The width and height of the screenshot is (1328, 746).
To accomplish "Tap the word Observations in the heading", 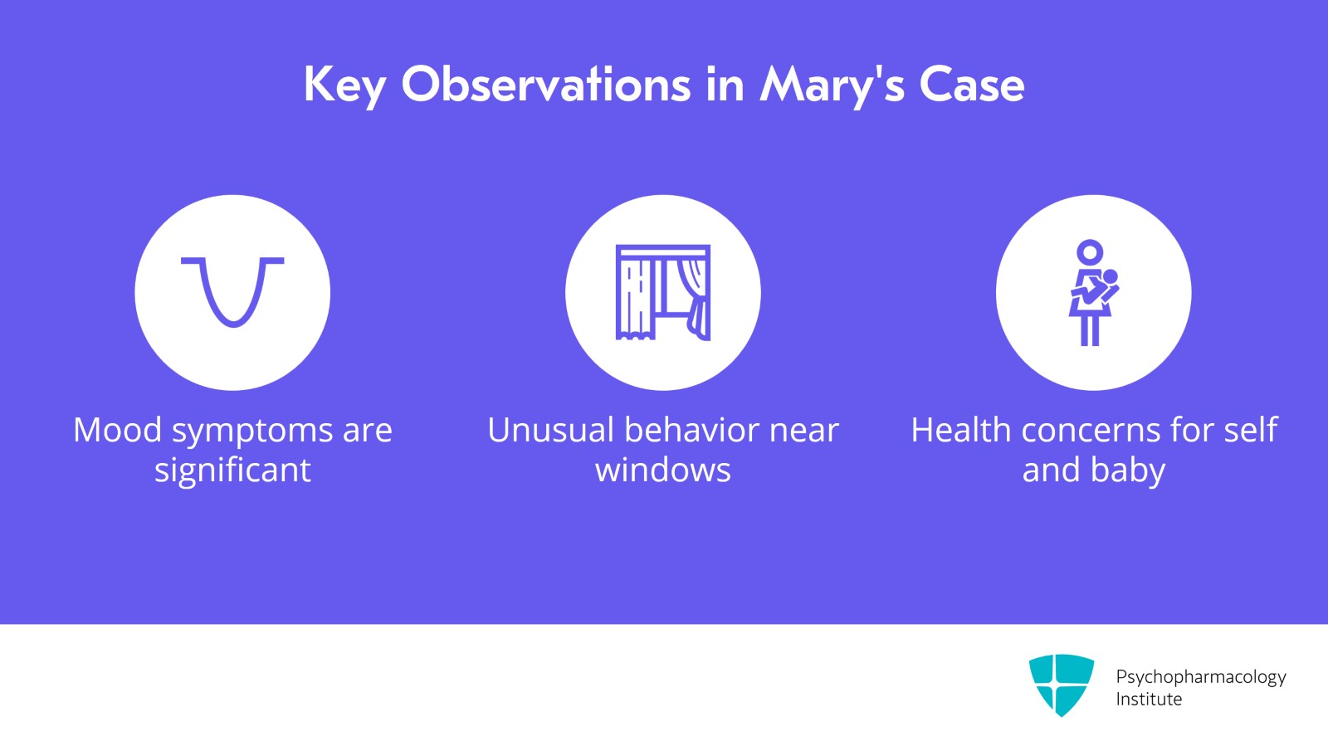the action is [x=546, y=84].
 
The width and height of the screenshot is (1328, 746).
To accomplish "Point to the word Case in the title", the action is [x=972, y=85].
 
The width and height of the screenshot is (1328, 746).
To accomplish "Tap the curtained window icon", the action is [x=663, y=293].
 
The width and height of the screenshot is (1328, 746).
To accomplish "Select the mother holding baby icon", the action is [x=1093, y=293].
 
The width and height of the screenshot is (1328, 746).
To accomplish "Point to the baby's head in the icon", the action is [x=1110, y=276].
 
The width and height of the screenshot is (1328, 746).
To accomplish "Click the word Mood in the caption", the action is [x=117, y=430].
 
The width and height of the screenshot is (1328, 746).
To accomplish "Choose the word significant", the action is [x=232, y=471].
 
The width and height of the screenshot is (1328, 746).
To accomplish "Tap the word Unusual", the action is [x=551, y=430].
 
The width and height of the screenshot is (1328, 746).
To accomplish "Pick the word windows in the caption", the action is [x=663, y=470].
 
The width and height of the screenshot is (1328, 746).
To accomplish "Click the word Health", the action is [x=960, y=430].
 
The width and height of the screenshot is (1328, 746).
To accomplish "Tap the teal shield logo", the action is [x=1062, y=685].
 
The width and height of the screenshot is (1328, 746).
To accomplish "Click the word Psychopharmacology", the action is [x=1201, y=677].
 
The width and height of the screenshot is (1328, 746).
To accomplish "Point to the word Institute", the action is [x=1149, y=700].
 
